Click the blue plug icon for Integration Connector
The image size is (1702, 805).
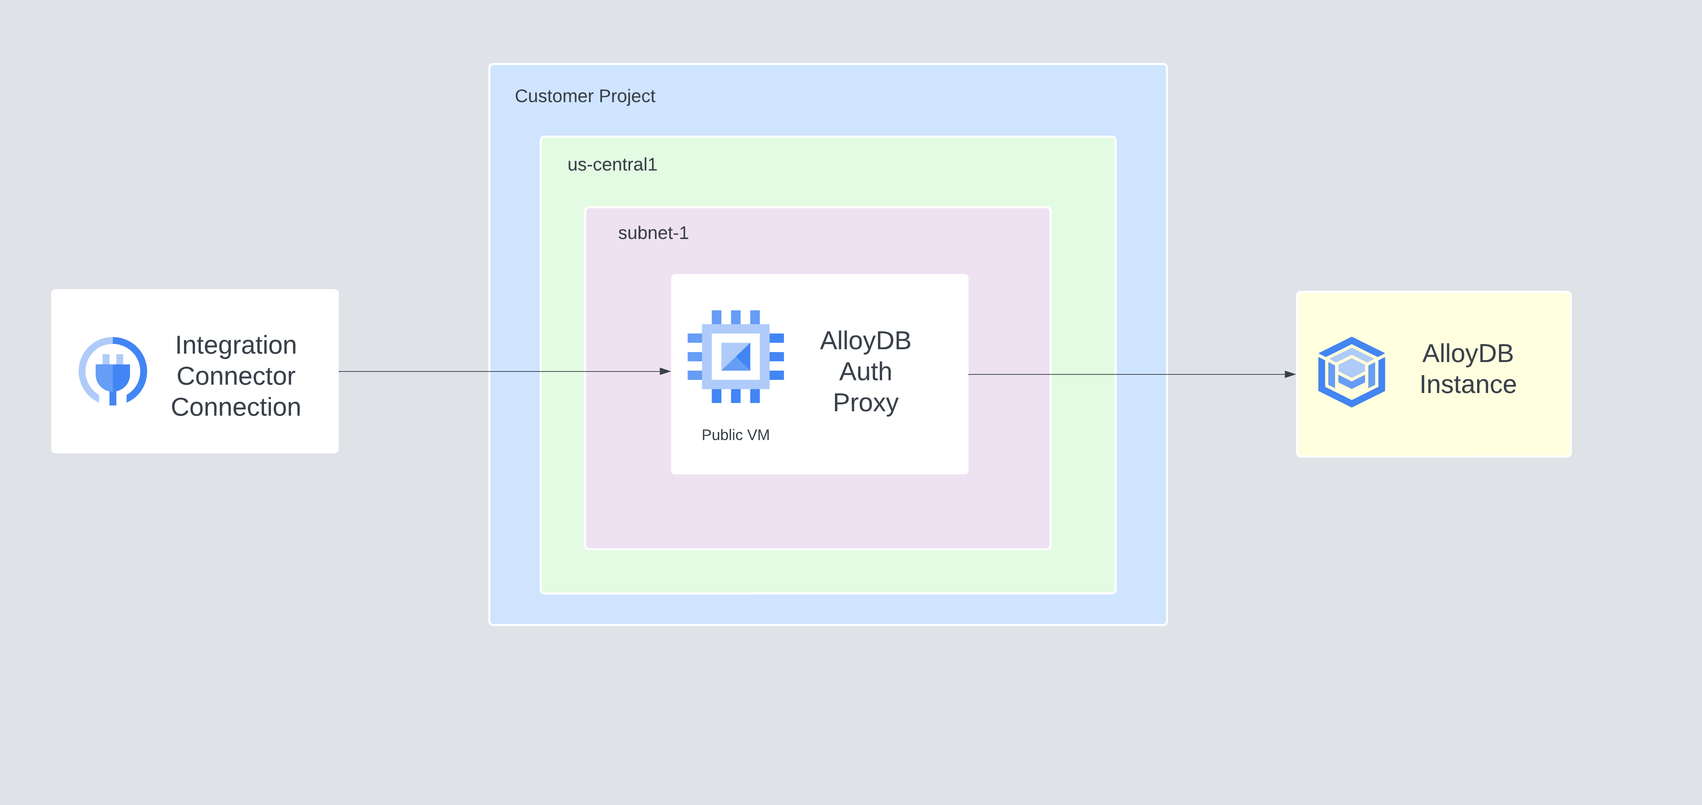tap(113, 371)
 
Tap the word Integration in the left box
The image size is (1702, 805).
tap(236, 345)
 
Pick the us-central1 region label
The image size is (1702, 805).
tap(612, 165)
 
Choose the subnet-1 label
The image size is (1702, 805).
tap(653, 233)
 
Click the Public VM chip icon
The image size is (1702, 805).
tap(735, 357)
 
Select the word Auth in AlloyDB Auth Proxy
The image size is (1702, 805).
tap(866, 372)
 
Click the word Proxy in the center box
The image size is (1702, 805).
tap(866, 403)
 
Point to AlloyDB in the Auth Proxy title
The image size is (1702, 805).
tap(866, 341)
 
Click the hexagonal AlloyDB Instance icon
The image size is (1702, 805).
tap(1351, 372)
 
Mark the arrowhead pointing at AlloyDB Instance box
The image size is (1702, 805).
tap(1290, 374)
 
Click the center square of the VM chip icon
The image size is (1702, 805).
tap(735, 357)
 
